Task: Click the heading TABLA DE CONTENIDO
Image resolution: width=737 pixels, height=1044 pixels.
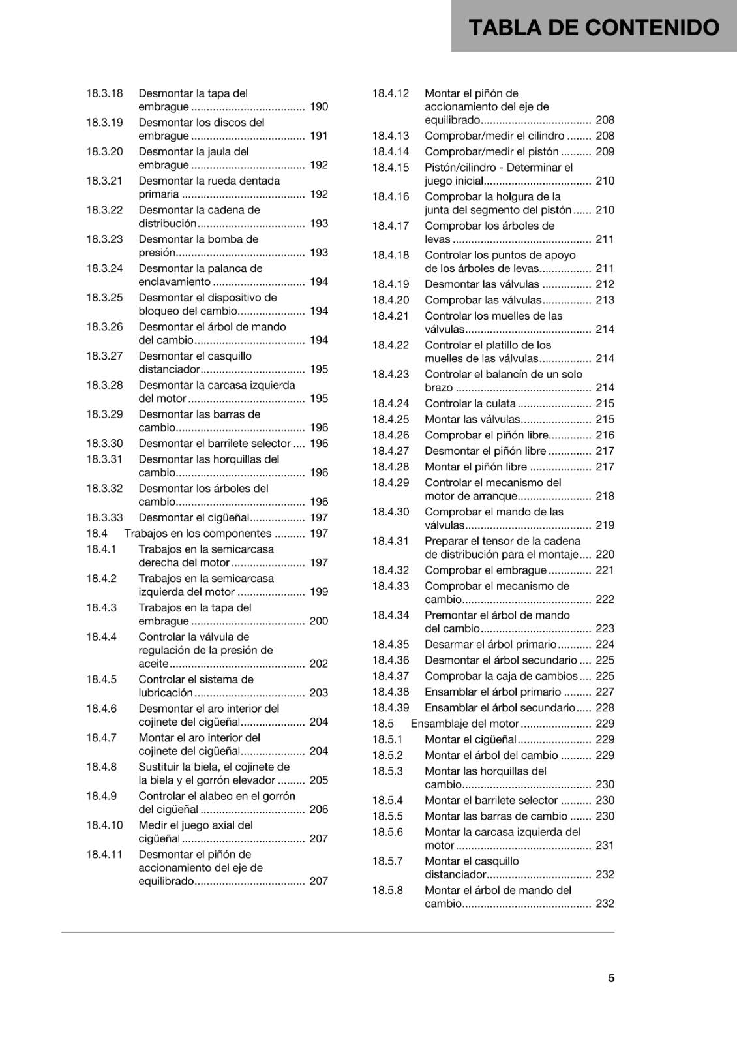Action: pyautogui.click(x=594, y=27)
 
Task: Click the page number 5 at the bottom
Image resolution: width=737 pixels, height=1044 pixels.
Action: pyautogui.click(x=611, y=978)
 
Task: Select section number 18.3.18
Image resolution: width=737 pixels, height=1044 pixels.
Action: pyautogui.click(x=104, y=93)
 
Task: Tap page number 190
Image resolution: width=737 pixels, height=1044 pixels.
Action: pyautogui.click(x=319, y=107)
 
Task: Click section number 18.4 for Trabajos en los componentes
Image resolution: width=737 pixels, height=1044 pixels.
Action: pyautogui.click(x=97, y=534)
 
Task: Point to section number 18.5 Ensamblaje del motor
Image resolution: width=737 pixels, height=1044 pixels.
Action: pyautogui.click(x=383, y=724)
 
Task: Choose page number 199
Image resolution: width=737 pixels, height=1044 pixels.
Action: pyautogui.click(x=319, y=592)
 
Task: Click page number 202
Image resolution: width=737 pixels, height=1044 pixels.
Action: pyautogui.click(x=319, y=664)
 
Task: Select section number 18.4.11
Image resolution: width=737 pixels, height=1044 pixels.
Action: pyautogui.click(x=104, y=855)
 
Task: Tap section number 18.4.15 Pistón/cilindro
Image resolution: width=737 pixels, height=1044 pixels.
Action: pyautogui.click(x=391, y=168)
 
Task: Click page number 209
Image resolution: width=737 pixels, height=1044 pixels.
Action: pyautogui.click(x=605, y=152)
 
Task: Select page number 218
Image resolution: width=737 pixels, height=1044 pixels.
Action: pyautogui.click(x=605, y=496)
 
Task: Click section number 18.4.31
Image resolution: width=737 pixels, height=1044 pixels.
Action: pyautogui.click(x=391, y=541)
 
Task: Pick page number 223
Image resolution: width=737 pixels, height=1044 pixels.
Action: pyautogui.click(x=605, y=628)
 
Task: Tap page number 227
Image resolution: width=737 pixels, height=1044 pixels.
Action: pyautogui.click(x=605, y=692)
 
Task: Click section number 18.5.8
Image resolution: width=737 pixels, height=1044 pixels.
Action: pyautogui.click(x=388, y=891)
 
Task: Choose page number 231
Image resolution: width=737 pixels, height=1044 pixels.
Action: pyautogui.click(x=605, y=845)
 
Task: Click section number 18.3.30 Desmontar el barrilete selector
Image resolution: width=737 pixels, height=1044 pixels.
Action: pyautogui.click(x=104, y=444)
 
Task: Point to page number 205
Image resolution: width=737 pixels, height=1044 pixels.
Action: pyautogui.click(x=319, y=780)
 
